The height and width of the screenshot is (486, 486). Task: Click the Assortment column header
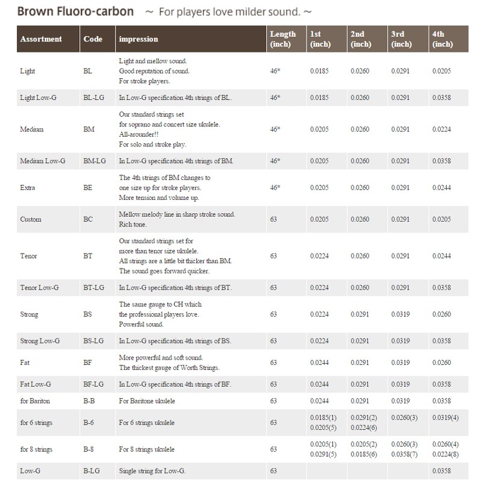[x=41, y=39]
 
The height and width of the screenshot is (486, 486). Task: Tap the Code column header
[x=93, y=39]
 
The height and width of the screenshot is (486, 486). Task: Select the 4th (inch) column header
[x=443, y=39]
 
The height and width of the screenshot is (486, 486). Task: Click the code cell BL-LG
[x=94, y=97]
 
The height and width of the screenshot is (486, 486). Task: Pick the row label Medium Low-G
[x=43, y=161]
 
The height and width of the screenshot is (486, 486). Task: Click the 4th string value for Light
[x=443, y=71]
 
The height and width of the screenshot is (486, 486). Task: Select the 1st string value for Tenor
[x=320, y=256]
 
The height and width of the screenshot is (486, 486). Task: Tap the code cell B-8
[x=89, y=449]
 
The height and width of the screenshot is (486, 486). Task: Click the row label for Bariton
[x=36, y=400]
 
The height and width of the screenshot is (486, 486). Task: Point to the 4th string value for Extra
[x=443, y=187]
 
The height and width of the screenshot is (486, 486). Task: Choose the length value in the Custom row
[x=273, y=219]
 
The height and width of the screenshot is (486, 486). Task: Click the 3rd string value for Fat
[x=401, y=363]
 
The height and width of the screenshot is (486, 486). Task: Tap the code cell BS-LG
[x=94, y=341]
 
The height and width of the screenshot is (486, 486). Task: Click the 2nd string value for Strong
[x=360, y=314]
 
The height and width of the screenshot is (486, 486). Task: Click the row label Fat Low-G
[x=36, y=384]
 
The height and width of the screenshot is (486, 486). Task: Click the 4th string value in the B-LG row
[x=443, y=470]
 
